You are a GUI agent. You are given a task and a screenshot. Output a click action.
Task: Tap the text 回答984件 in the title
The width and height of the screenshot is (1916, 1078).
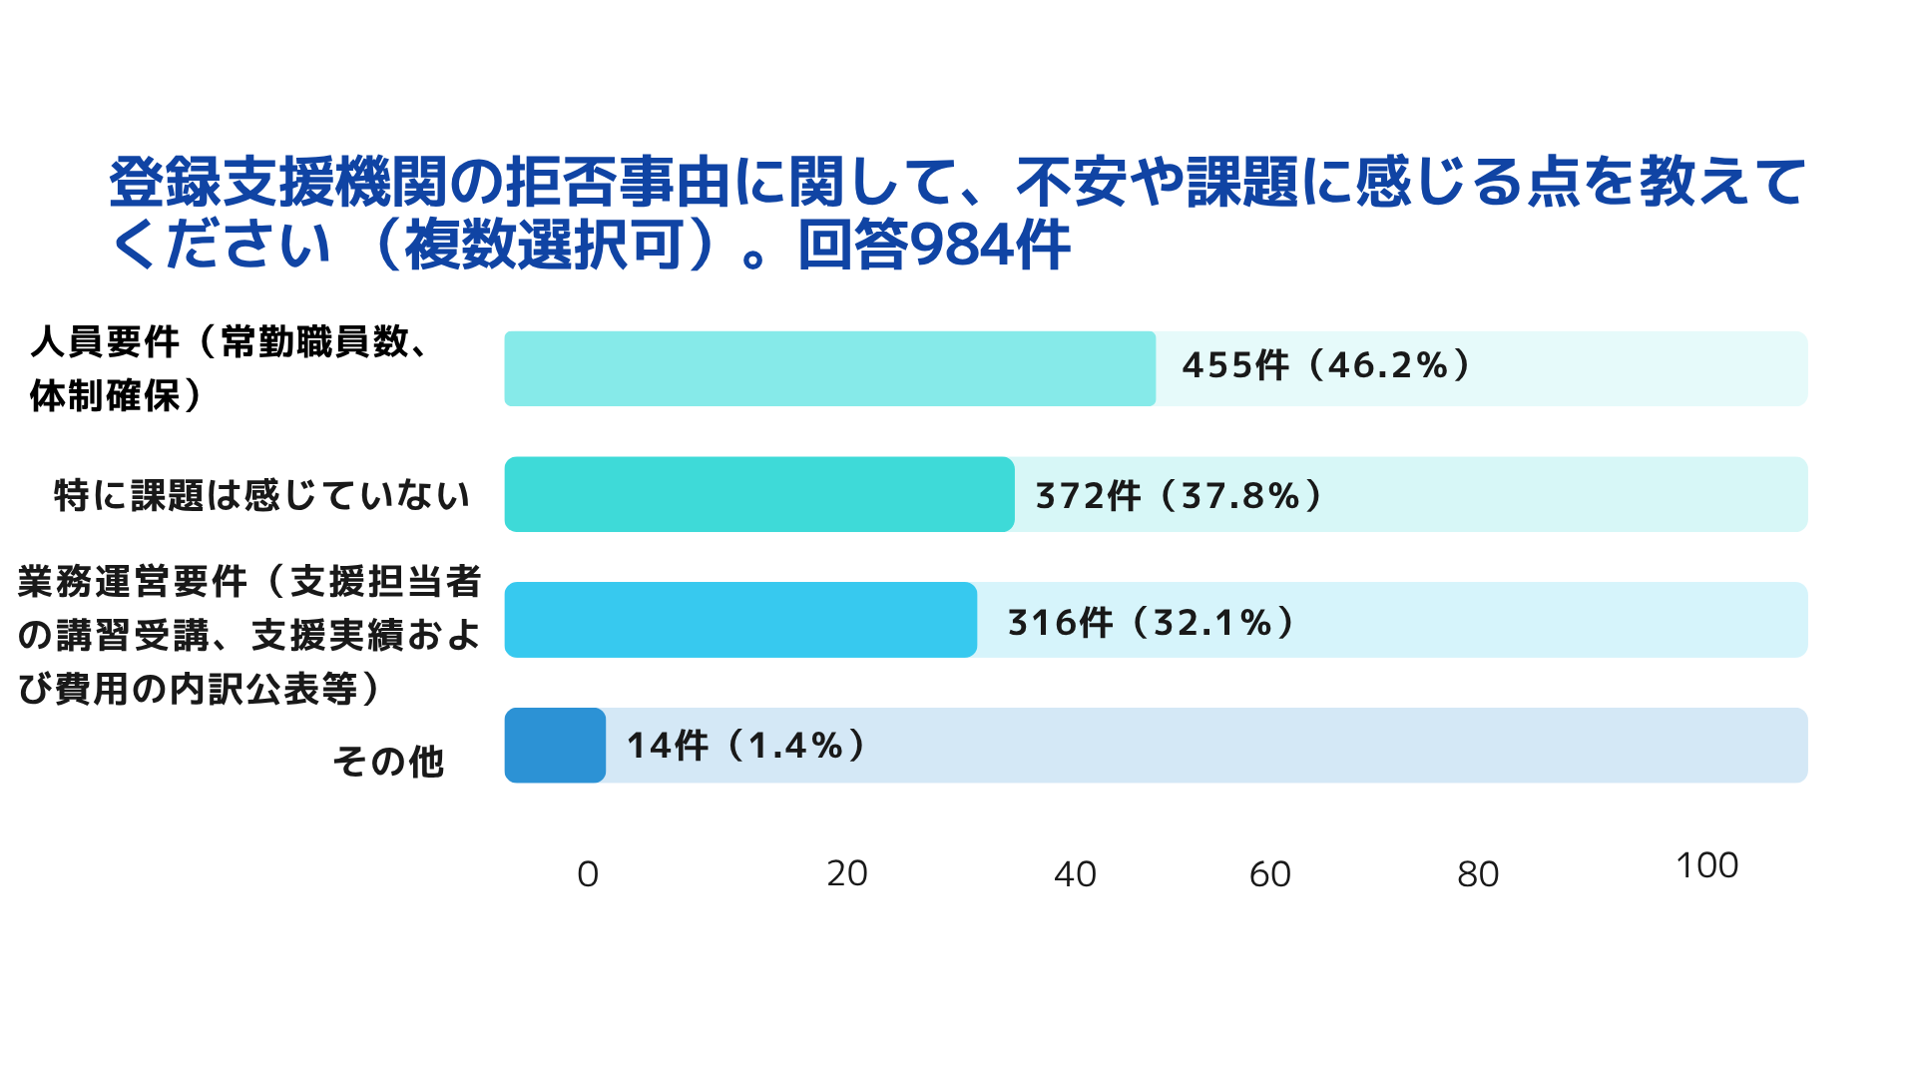934,246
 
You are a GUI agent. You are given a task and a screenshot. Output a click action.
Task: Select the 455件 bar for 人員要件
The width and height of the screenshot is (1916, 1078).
829,369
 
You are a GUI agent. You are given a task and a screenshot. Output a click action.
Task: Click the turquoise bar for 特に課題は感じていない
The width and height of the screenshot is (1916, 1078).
758,494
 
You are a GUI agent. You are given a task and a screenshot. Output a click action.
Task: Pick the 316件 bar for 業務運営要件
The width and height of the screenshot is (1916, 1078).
739,620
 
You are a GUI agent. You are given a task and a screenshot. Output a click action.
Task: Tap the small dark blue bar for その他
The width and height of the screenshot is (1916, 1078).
555,746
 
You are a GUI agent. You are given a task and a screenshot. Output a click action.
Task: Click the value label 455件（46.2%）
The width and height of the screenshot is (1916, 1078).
1326,365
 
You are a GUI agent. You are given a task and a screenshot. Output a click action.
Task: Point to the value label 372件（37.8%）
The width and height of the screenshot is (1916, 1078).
1179,495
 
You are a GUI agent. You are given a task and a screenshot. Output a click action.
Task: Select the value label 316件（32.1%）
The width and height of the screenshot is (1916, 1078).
1151,622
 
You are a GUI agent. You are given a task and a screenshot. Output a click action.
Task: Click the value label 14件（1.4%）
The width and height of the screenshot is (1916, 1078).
745,745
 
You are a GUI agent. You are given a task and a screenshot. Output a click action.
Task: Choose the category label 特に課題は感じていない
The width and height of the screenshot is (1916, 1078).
261,495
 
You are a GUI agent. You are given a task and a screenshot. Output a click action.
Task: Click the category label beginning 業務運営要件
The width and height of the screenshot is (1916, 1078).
249,635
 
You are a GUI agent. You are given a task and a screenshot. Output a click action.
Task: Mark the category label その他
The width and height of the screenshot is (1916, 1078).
388,762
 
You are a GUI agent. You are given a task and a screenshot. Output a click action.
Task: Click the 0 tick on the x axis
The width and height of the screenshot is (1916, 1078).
588,874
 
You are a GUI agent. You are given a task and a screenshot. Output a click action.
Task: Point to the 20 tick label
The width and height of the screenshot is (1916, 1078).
847,873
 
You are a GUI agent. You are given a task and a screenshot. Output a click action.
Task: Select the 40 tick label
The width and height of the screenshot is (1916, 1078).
1075,874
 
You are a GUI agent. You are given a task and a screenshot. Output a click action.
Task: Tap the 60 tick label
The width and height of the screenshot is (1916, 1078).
1270,874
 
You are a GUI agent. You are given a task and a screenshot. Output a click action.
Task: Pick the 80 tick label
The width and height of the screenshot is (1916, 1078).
1478,874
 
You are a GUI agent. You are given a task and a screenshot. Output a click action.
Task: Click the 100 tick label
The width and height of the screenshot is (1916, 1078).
1706,865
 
